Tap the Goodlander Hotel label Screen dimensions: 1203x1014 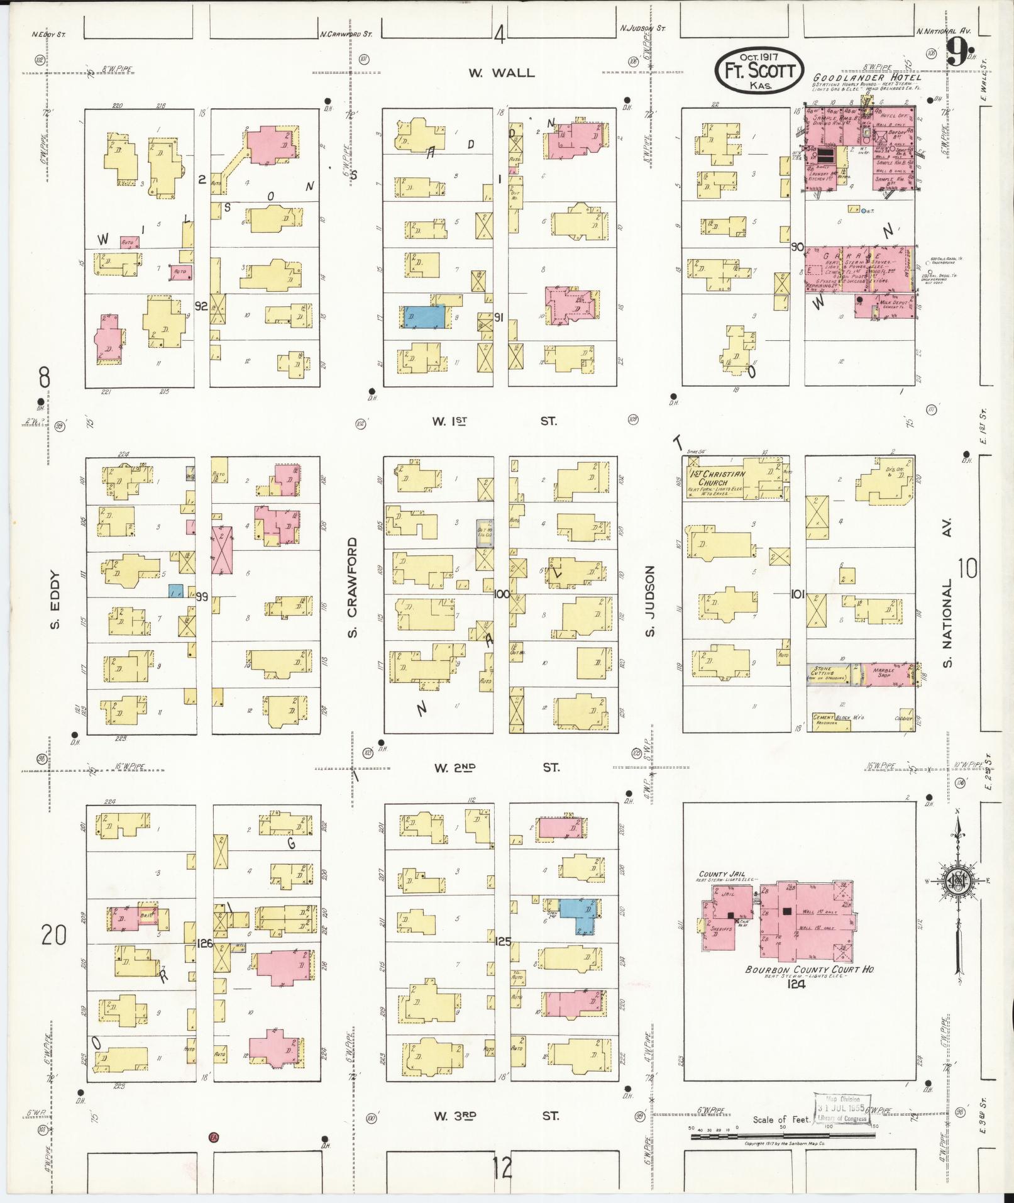[x=867, y=77]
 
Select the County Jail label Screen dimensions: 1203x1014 [x=722, y=874]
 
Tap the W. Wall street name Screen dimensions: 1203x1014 [x=500, y=73]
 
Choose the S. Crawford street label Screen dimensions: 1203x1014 [x=353, y=587]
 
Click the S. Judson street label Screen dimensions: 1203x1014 [x=650, y=600]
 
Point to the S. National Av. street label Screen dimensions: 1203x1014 [x=948, y=592]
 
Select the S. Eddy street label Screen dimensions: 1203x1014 [x=54, y=599]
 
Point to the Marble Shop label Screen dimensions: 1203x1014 [x=884, y=671]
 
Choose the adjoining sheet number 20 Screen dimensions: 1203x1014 [x=54, y=936]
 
